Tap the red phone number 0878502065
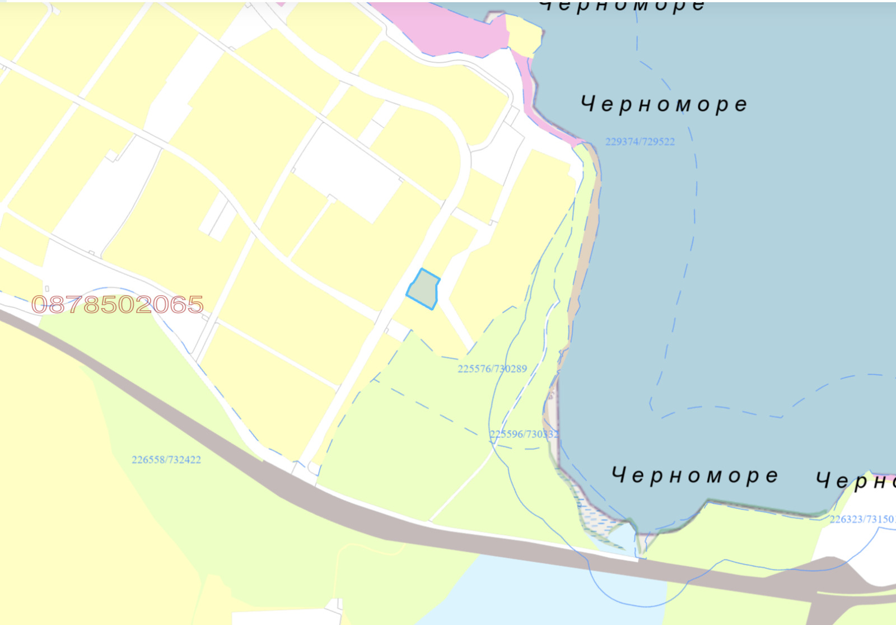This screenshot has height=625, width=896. pyautogui.click(x=117, y=305)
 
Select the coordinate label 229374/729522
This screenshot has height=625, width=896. pyautogui.click(x=640, y=142)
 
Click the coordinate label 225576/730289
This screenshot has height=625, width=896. pyautogui.click(x=492, y=369)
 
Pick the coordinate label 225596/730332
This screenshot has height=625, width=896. pyautogui.click(x=524, y=434)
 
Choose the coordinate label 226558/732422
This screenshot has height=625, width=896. pyautogui.click(x=166, y=460)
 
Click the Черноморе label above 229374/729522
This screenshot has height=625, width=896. pyautogui.click(x=664, y=104)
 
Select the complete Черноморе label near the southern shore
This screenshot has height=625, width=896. pyautogui.click(x=694, y=475)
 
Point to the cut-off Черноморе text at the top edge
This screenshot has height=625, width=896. pyautogui.click(x=622, y=6)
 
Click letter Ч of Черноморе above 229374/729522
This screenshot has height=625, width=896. pyautogui.click(x=587, y=104)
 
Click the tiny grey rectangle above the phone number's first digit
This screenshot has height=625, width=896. pyautogui.click(x=46, y=289)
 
